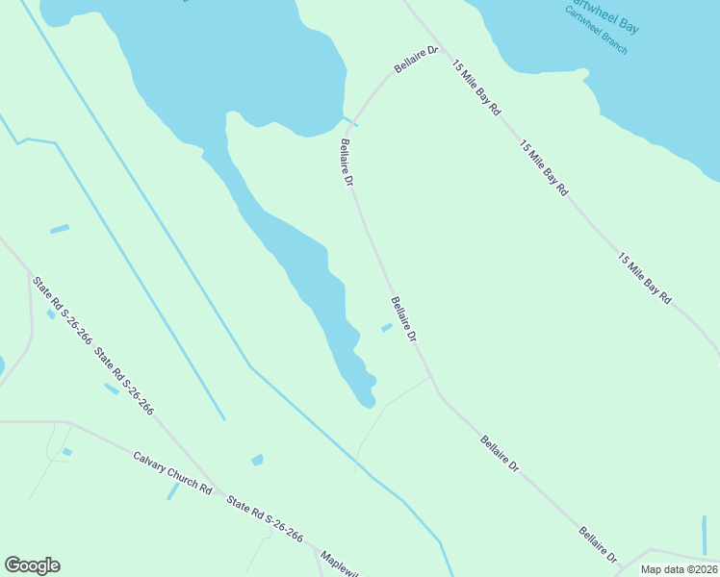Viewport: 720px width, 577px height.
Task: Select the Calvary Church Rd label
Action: [x=172, y=472]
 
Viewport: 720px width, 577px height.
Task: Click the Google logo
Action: [x=32, y=565]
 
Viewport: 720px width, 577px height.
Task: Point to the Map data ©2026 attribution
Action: [x=679, y=569]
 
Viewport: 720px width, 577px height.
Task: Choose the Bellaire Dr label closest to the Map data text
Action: [x=598, y=545]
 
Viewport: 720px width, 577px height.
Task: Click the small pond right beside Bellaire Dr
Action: [x=386, y=328]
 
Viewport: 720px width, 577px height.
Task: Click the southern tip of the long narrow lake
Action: [x=367, y=404]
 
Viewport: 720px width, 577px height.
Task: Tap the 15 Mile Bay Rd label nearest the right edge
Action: [x=644, y=278]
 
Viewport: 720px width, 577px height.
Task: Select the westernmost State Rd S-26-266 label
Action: [x=62, y=311]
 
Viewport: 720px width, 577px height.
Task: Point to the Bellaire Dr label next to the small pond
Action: [x=404, y=320]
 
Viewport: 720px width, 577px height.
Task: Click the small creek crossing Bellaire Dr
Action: [x=351, y=122]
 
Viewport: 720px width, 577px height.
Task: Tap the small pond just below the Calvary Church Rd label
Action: [x=173, y=490]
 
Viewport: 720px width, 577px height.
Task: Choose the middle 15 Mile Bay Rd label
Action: [x=544, y=169]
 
